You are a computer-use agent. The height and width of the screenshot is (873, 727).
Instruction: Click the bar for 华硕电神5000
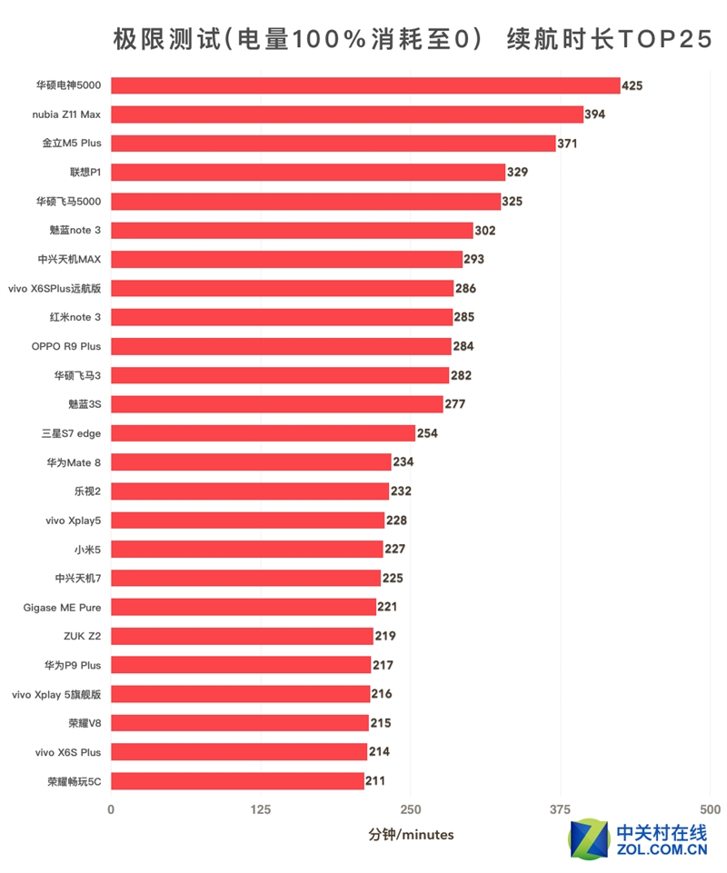(x=365, y=85)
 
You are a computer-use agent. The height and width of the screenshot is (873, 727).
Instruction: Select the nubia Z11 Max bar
(x=347, y=114)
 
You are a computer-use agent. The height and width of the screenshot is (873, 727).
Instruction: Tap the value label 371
(x=568, y=144)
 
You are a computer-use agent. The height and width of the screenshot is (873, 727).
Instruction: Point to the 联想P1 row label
(x=85, y=173)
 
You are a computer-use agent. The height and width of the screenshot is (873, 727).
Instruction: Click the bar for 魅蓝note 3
(x=292, y=231)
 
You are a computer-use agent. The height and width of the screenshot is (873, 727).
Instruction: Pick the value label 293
(x=474, y=259)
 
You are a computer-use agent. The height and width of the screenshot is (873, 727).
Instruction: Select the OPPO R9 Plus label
(x=66, y=346)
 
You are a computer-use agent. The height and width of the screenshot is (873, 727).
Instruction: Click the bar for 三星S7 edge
(x=263, y=433)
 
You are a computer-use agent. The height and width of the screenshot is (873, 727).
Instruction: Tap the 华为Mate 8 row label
(x=74, y=462)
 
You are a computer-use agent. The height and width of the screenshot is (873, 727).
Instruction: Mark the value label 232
(x=402, y=491)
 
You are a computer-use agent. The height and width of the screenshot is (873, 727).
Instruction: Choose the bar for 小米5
(x=247, y=549)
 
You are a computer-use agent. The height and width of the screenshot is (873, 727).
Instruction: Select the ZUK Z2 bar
(x=242, y=636)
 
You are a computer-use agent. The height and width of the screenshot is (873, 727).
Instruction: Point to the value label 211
(x=375, y=781)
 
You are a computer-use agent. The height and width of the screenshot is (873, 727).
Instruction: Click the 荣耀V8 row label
(x=81, y=723)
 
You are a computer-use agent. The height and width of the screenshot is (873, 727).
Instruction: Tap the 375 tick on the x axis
(x=561, y=809)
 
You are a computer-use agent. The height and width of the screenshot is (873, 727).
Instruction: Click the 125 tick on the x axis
(x=261, y=809)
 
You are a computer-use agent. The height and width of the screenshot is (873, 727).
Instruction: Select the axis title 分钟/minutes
(x=411, y=834)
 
